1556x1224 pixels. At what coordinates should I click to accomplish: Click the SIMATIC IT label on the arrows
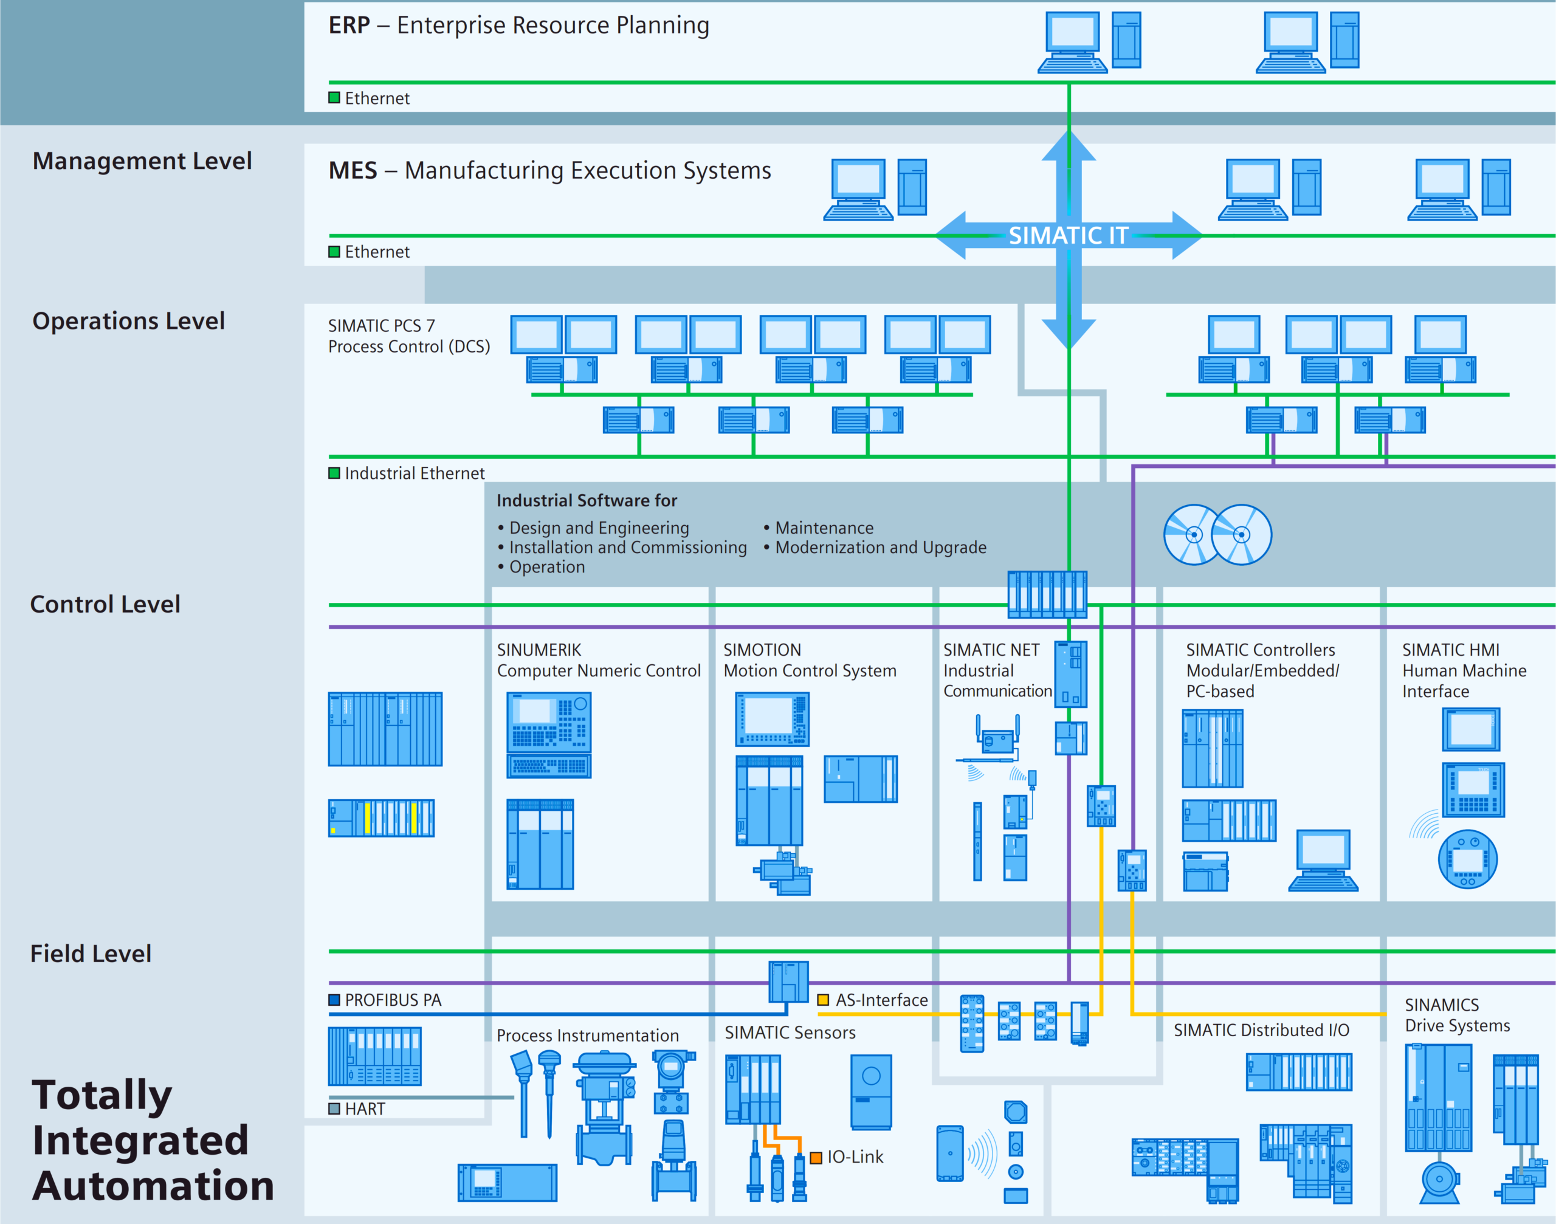tap(1068, 235)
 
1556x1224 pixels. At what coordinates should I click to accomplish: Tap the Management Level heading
tap(142, 160)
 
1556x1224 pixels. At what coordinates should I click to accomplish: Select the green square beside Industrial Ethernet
tap(334, 473)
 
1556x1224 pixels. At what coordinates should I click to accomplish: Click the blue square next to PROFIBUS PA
tap(334, 1000)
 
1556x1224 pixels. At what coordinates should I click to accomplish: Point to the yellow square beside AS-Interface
tap(824, 1000)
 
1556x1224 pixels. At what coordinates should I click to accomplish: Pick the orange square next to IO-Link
tap(816, 1157)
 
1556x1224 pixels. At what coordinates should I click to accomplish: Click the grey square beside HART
tap(334, 1109)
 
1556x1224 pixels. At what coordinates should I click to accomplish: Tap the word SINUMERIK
tap(539, 650)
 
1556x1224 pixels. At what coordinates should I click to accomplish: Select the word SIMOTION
tap(762, 650)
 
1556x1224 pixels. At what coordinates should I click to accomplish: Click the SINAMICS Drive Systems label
tap(1456, 1016)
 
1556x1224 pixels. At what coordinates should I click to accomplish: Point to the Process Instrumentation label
tap(588, 1036)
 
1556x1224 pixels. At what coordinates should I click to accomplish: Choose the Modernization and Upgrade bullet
tap(880, 548)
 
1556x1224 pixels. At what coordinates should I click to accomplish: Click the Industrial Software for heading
tap(587, 500)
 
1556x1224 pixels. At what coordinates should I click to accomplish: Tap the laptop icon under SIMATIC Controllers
tap(1323, 860)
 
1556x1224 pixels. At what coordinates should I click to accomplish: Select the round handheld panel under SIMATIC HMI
tap(1467, 859)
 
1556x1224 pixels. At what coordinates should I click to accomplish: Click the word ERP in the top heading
tap(349, 25)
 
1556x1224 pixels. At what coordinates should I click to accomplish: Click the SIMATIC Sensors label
tap(790, 1032)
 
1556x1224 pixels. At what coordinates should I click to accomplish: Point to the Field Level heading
tap(91, 953)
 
